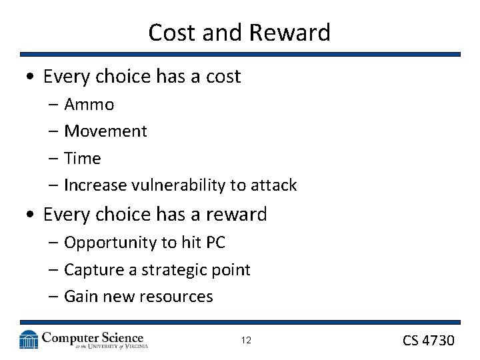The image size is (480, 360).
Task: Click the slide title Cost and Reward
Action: tap(239, 32)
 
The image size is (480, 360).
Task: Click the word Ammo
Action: tap(89, 105)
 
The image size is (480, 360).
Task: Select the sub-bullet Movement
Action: tap(105, 131)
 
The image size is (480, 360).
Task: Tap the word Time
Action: tap(82, 159)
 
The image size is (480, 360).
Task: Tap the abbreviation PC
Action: tap(215, 243)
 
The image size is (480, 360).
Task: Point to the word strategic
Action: tap(168, 270)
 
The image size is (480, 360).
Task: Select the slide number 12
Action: tap(246, 341)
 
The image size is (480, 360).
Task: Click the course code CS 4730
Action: tap(428, 341)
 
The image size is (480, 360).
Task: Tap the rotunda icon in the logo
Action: tap(29, 339)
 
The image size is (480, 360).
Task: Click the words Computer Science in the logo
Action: tap(93, 337)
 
